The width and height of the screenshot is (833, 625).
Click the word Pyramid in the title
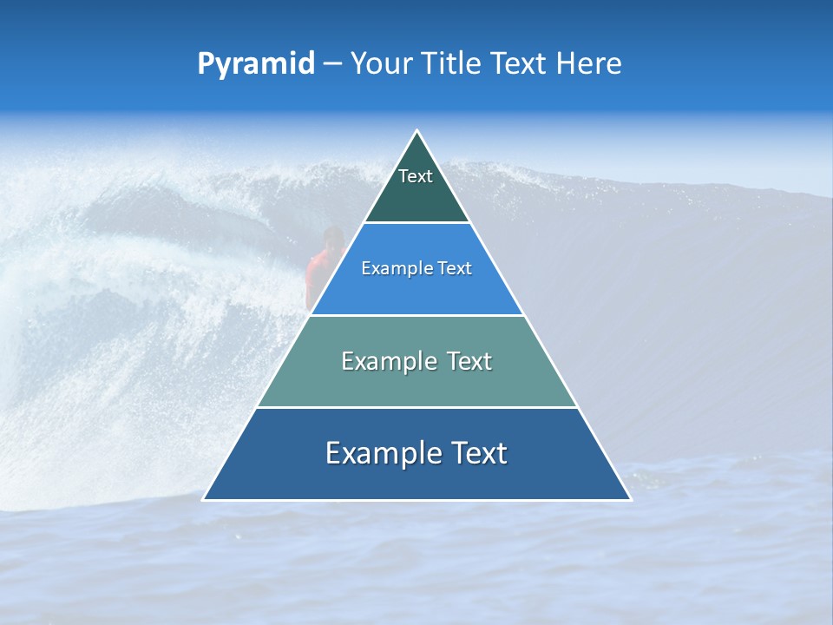[256, 64]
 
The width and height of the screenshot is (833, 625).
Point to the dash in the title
[332, 64]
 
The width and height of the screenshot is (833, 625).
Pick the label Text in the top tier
[416, 176]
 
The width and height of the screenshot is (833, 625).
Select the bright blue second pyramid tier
[416, 291]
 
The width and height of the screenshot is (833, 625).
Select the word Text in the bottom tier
[479, 453]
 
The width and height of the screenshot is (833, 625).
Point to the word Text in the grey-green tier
[469, 361]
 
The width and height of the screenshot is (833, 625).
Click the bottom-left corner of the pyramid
[204, 499]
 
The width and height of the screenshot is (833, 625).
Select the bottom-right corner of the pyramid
[631, 499]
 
